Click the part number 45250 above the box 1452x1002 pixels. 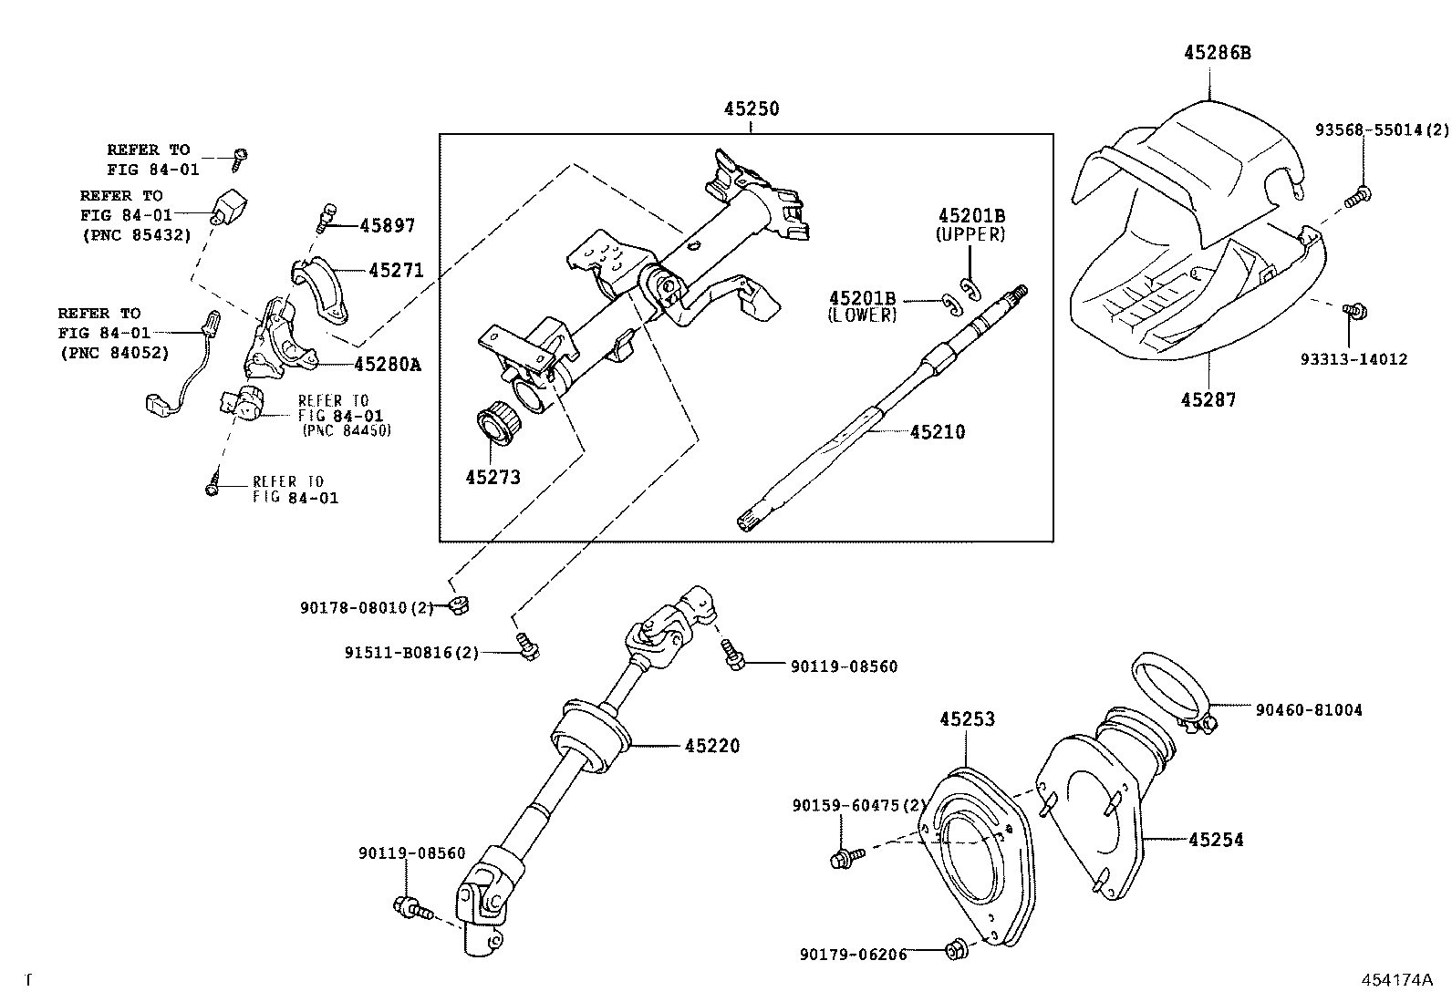(x=752, y=108)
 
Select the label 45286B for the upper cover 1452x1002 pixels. (x=1217, y=53)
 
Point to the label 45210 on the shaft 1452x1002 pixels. (x=937, y=431)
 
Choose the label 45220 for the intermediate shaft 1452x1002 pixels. (x=711, y=746)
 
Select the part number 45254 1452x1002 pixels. (x=1216, y=839)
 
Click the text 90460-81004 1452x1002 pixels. (x=1308, y=710)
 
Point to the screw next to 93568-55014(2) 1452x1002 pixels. (x=1358, y=193)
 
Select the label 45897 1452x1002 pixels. (x=387, y=225)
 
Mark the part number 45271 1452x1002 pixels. (x=396, y=270)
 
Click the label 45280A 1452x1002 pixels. (x=387, y=364)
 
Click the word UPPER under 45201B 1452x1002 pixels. (x=970, y=234)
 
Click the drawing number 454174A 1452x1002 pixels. (x=1396, y=980)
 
